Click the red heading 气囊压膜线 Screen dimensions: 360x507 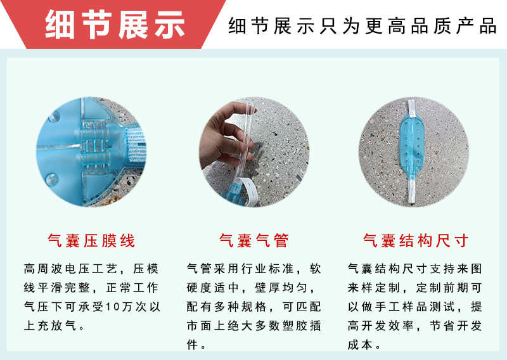[91, 241]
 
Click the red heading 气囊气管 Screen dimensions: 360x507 [253, 241]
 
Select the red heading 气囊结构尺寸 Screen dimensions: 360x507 [416, 241]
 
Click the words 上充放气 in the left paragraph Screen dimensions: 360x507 [51, 326]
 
